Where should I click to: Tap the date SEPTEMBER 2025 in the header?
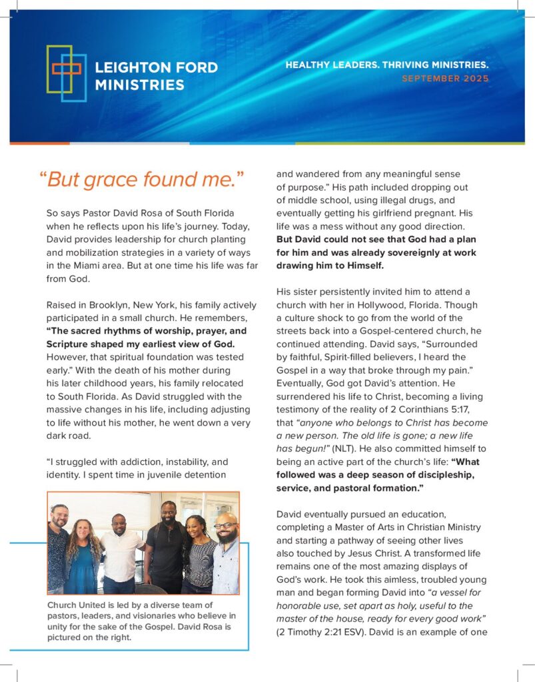tap(445, 79)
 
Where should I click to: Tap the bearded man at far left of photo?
tap(59, 546)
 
